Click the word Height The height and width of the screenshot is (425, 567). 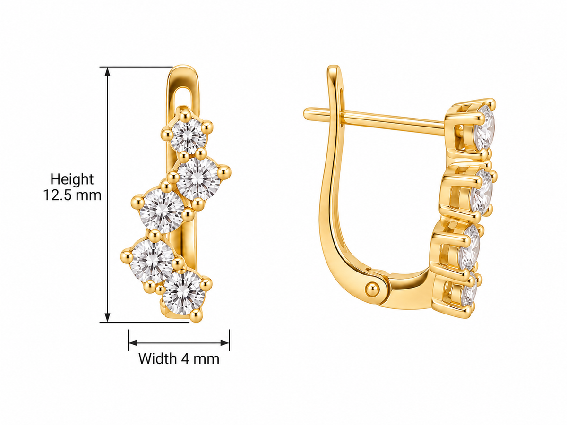72,179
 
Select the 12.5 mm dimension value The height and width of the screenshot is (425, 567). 72,195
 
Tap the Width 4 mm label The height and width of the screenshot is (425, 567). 179,359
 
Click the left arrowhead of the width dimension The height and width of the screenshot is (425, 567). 133,343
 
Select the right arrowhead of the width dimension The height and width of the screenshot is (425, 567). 225,343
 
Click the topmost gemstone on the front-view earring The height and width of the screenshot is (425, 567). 189,136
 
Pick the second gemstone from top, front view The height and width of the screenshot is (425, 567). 198,179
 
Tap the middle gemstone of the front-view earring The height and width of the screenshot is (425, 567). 162,211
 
